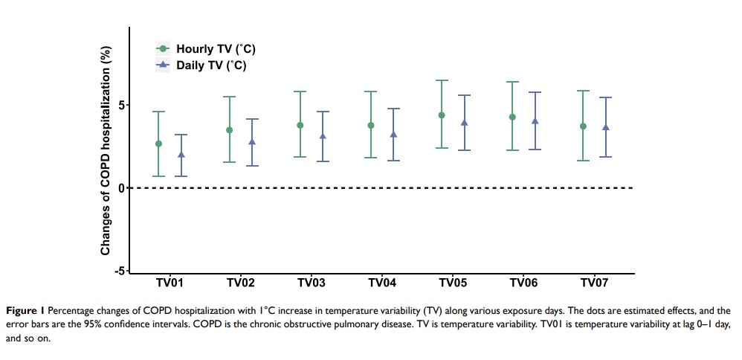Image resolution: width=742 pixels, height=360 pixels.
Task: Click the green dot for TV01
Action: (158, 144)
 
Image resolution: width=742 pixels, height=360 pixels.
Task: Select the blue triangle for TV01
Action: (181, 155)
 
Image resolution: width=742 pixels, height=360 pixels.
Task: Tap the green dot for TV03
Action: (300, 125)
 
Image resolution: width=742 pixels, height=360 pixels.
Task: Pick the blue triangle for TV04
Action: (393, 135)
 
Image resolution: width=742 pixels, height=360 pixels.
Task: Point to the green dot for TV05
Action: (442, 115)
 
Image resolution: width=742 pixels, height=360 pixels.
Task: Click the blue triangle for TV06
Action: (535, 120)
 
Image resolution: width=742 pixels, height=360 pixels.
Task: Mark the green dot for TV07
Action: (583, 126)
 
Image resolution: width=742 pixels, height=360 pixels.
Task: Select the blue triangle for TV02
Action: (252, 141)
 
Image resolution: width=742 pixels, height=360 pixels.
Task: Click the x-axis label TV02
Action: (241, 283)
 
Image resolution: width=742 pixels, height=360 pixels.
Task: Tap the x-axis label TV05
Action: (453, 283)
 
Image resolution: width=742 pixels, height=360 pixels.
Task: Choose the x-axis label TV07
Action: (594, 283)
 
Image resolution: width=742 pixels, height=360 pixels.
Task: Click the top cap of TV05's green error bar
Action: (442, 80)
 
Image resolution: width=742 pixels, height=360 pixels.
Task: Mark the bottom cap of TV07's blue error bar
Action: (605, 157)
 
